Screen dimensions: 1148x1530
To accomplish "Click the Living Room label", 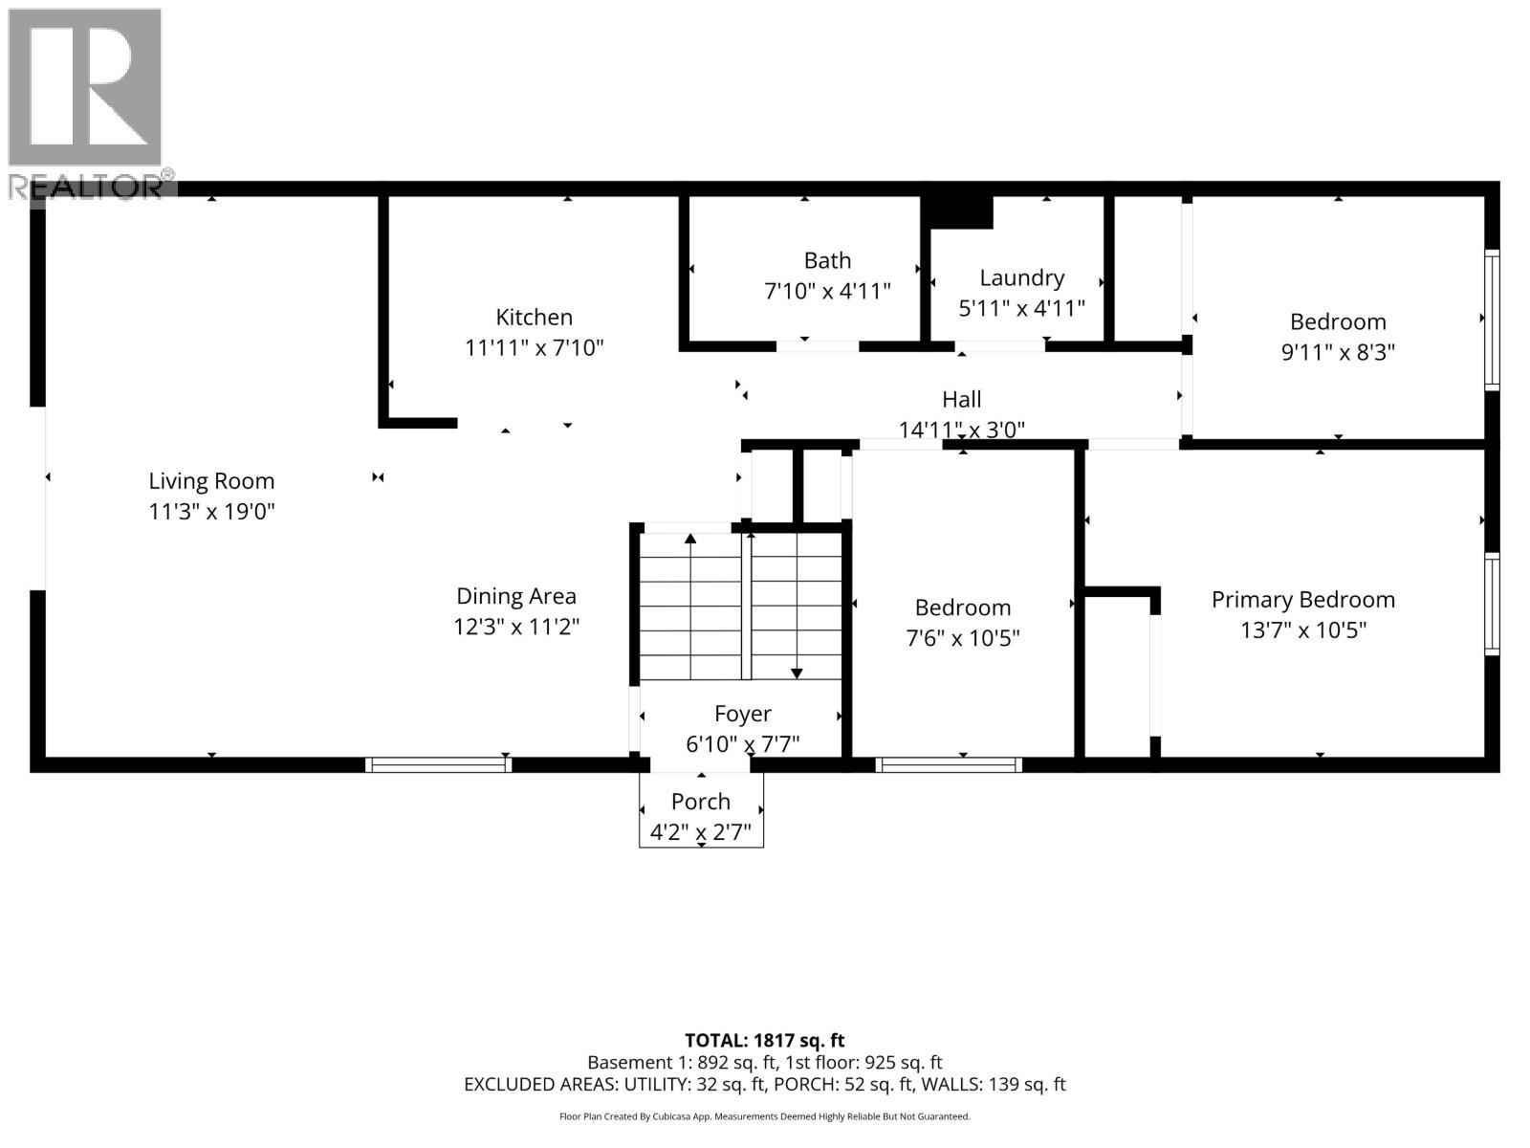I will [211, 481].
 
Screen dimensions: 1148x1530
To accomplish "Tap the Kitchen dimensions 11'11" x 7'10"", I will [534, 347].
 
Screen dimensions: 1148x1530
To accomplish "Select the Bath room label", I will [827, 260].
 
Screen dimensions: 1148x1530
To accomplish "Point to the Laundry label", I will [1021, 277].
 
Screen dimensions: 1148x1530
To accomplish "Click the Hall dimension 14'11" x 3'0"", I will [961, 430].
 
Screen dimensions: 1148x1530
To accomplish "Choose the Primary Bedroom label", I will [1302, 600].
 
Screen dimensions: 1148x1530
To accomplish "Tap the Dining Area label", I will [515, 596].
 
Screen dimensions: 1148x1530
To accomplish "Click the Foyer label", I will [742, 714].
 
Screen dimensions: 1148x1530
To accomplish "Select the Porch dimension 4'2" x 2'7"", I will [701, 832].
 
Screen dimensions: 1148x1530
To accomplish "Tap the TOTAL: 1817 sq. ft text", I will [764, 1040].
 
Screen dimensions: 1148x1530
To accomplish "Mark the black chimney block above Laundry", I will [961, 212].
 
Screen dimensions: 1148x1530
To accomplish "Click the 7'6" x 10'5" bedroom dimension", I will [962, 638].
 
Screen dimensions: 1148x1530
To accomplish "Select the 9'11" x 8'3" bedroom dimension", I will [1337, 352].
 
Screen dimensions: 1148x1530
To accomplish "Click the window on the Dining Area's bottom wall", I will [438, 764].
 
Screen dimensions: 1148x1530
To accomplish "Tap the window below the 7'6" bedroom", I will [948, 764].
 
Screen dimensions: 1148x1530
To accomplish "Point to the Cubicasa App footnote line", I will [764, 1116].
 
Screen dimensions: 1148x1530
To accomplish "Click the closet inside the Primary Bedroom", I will [1120, 674].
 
